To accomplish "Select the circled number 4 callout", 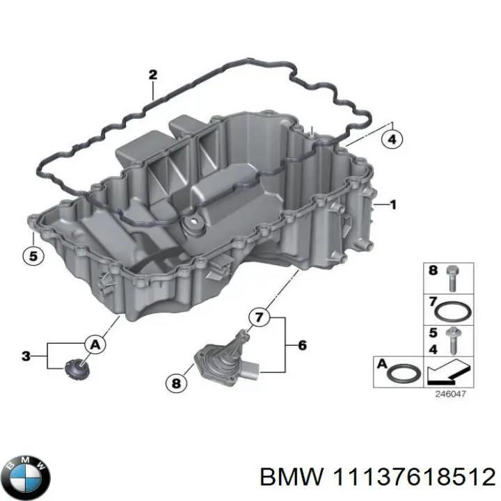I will click(x=392, y=140).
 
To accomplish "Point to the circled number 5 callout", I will click(x=31, y=256).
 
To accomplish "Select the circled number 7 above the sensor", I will click(x=259, y=318).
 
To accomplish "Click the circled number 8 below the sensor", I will click(x=176, y=382).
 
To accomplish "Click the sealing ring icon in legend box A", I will click(x=404, y=374).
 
